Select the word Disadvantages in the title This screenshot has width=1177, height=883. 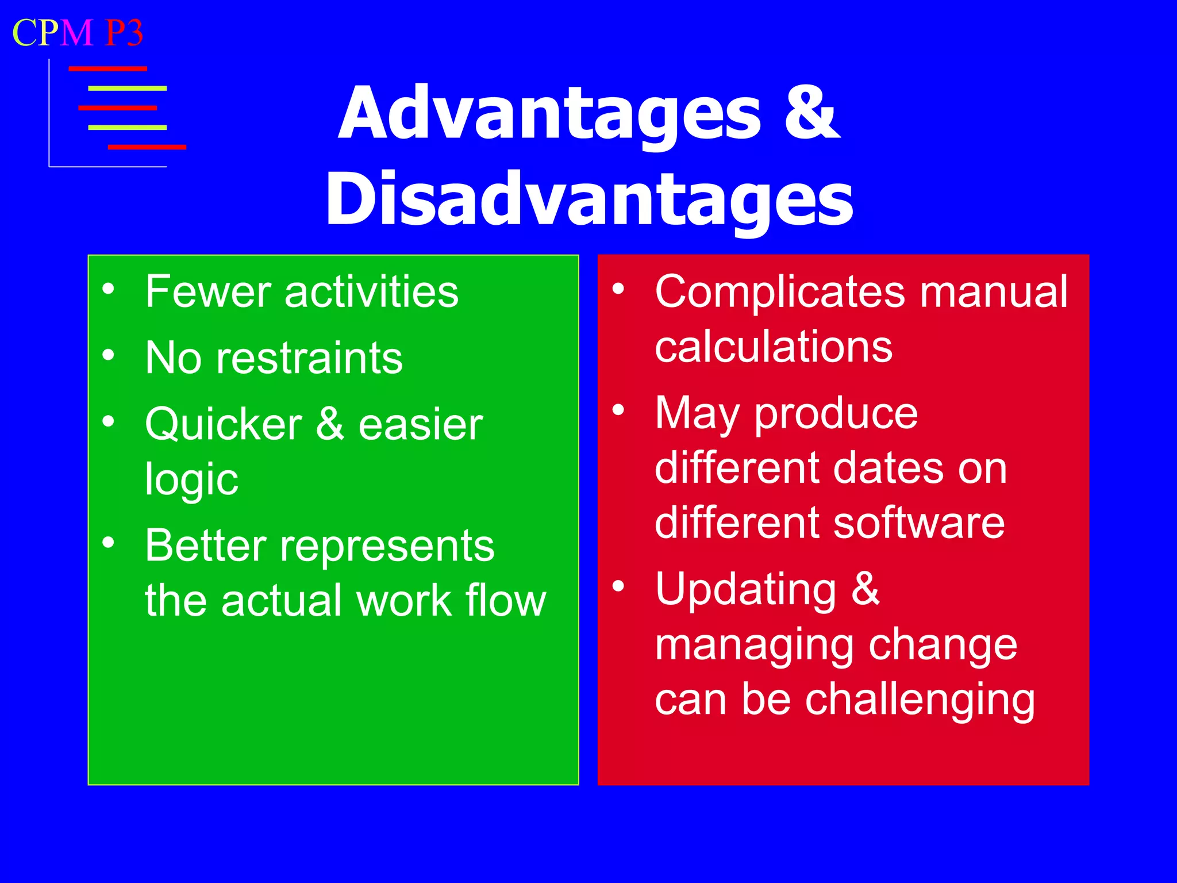tap(590, 199)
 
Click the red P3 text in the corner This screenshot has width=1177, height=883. tap(124, 33)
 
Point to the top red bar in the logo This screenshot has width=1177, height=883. tap(107, 69)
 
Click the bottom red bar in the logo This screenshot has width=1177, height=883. tap(147, 147)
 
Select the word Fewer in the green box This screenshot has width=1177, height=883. tap(207, 292)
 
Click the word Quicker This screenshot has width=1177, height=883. tap(223, 424)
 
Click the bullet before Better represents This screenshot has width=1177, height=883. tap(108, 542)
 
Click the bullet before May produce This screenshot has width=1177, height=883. tap(618, 410)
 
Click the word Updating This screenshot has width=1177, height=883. tap(745, 589)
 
